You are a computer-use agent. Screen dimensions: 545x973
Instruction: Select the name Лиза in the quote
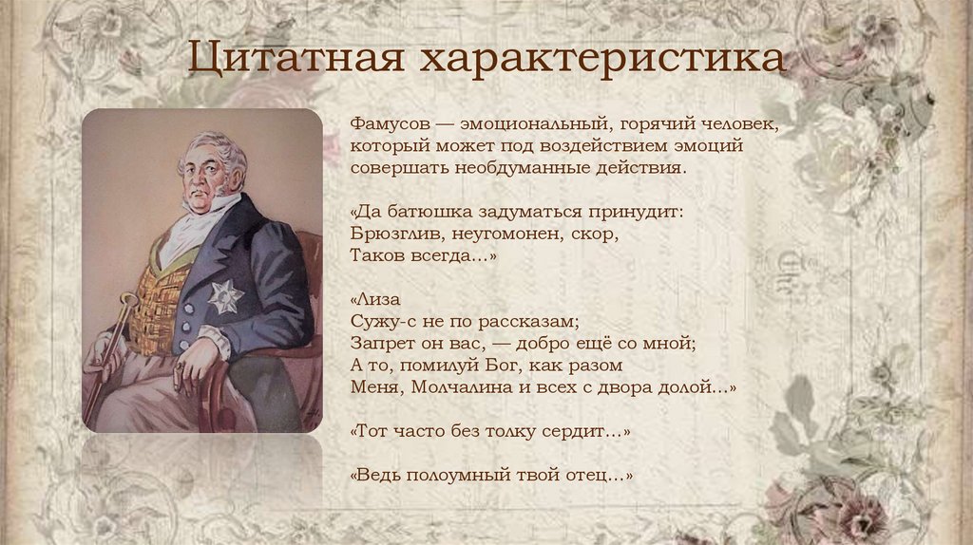(x=372, y=298)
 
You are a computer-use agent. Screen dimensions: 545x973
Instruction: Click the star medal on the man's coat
(x=225, y=296)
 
